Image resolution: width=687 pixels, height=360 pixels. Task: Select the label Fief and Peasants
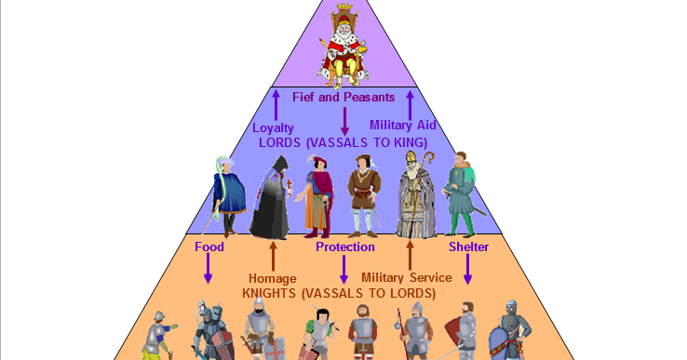(344, 96)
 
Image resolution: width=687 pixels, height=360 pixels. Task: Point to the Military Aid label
(402, 125)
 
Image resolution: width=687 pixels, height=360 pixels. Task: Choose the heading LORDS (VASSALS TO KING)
(343, 142)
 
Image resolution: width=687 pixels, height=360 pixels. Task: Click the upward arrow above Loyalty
(276, 102)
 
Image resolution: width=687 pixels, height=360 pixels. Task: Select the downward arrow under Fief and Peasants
(344, 119)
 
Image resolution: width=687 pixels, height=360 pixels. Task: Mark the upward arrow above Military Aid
(410, 102)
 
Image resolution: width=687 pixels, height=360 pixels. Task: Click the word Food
(209, 247)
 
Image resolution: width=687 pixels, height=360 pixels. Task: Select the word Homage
(272, 277)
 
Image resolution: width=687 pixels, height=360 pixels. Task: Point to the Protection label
(344, 247)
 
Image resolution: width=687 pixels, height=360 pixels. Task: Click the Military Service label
(406, 277)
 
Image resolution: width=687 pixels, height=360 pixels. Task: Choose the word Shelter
(468, 247)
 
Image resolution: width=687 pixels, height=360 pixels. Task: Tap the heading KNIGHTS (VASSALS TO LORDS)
(338, 293)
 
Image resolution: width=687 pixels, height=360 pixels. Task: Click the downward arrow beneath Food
(209, 270)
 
